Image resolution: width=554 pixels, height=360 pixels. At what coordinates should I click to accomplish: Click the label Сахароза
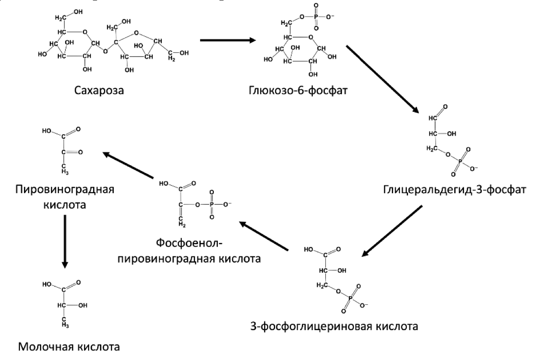click(99, 90)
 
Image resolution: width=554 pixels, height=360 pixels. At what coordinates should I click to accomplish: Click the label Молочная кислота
click(69, 347)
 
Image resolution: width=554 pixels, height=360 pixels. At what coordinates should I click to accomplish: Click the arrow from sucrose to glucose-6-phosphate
click(227, 40)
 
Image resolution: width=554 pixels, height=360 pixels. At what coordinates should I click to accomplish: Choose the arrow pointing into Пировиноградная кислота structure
click(130, 166)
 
